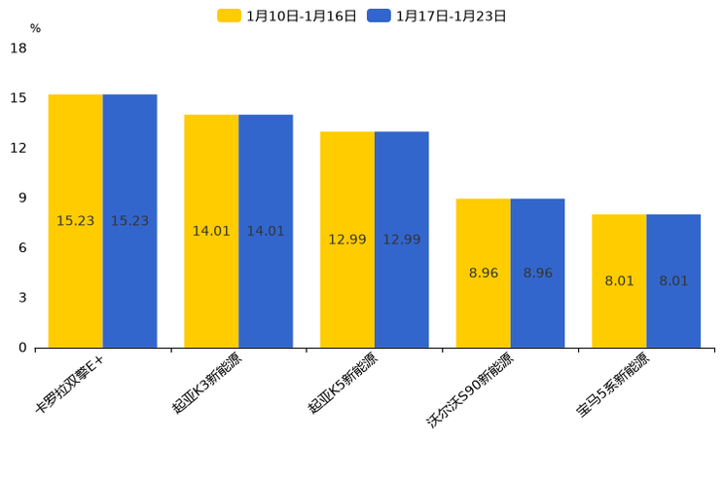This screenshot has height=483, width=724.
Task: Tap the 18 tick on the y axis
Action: tap(18, 48)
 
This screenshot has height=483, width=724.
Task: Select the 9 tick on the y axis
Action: tap(22, 198)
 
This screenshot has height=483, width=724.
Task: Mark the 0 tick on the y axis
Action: tap(22, 348)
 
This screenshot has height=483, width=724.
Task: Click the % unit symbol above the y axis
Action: tap(35, 29)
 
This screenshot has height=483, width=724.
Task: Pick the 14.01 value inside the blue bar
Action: tap(266, 231)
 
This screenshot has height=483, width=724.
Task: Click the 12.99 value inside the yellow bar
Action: tap(347, 240)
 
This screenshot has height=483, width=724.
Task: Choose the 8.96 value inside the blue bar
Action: tap(537, 273)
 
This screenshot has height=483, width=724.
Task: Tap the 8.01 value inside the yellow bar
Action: tap(619, 280)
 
